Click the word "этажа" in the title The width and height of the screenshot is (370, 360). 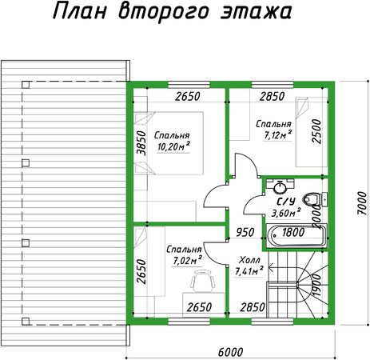tap(256, 12)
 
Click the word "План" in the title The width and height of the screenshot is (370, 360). tap(80, 12)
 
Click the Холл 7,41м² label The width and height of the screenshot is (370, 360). tap(249, 266)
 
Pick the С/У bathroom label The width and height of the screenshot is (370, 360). tap(286, 202)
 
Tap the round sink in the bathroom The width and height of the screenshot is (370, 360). tap(280, 187)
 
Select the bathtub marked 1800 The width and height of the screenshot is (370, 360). tap(296, 235)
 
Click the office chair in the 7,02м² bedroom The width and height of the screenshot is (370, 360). tap(203, 281)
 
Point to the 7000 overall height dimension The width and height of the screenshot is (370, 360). tap(362, 202)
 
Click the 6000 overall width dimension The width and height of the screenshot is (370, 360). tap(230, 352)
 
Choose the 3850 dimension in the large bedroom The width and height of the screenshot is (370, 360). tap(141, 143)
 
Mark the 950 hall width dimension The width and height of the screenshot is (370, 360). tap(245, 232)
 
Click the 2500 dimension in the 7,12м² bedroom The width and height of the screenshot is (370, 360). tap(316, 131)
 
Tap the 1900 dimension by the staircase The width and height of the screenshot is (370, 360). tap(316, 286)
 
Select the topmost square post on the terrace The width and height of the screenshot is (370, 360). tap(26, 85)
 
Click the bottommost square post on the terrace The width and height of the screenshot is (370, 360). tap(26, 322)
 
